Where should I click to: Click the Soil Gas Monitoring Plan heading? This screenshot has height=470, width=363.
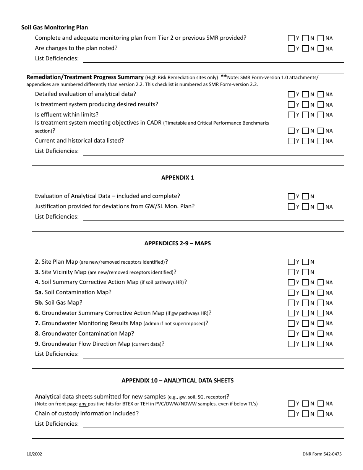point(55,28)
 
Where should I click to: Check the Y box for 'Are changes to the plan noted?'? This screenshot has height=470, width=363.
point(291,49)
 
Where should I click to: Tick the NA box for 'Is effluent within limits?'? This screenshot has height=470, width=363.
point(320,115)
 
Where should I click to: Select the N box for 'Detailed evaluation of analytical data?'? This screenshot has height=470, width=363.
point(305,94)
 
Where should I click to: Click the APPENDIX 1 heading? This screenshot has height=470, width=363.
point(177,178)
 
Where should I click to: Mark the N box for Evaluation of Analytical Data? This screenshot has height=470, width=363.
point(305,196)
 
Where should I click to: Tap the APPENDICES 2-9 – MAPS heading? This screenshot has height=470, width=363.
point(177,243)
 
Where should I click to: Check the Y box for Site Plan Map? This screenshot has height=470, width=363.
point(291,262)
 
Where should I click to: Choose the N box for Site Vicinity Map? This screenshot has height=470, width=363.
point(305,272)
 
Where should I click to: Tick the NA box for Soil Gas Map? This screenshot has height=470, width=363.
point(320,303)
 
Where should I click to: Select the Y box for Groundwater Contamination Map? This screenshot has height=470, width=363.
point(291,334)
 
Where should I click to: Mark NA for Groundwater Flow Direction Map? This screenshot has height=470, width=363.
point(320,344)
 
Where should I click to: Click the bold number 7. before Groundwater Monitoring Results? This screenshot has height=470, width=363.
point(37,323)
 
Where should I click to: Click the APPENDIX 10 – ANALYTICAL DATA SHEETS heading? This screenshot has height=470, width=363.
point(177,381)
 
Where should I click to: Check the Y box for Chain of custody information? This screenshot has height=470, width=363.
point(291,414)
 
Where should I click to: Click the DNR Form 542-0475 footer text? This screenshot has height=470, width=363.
point(322,454)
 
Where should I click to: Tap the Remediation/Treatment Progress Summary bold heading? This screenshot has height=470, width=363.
point(85,77)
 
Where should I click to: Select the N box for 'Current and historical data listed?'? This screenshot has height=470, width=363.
point(305,141)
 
